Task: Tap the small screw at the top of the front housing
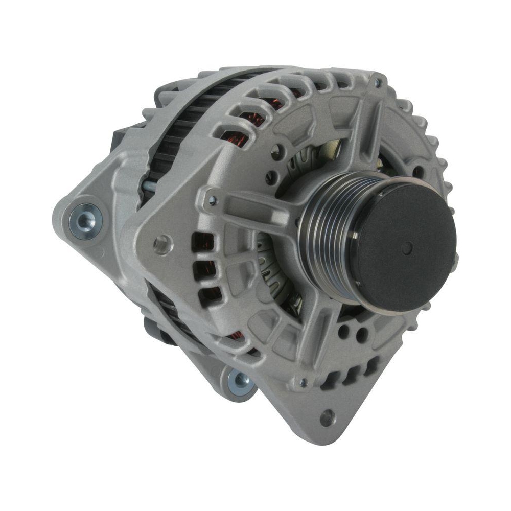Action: pos(378,81)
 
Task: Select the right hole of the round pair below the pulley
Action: pos(362,335)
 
